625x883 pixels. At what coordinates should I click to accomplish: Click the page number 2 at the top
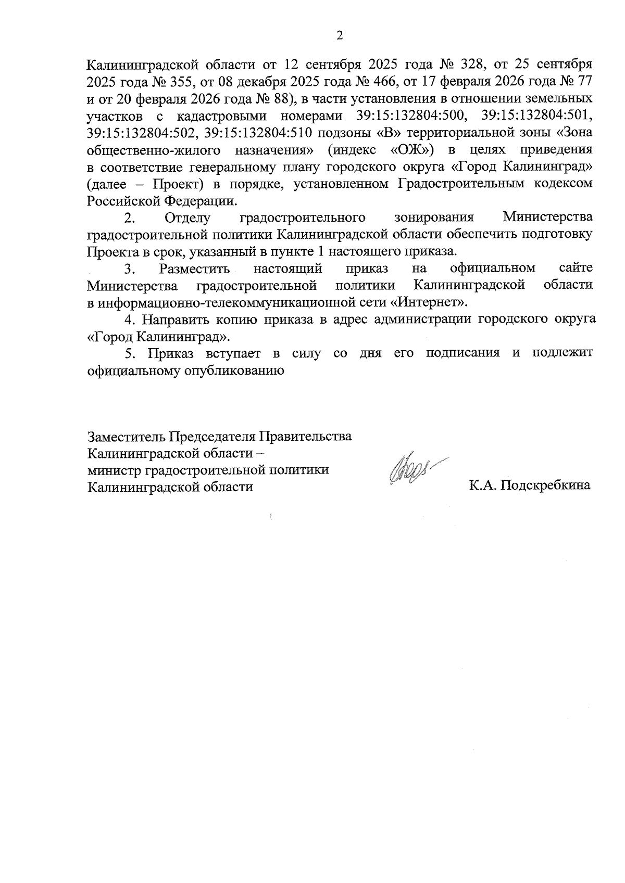[340, 35]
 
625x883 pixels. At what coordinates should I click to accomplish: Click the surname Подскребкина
[545, 486]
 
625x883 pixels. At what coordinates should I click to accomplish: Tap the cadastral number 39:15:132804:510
[259, 133]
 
